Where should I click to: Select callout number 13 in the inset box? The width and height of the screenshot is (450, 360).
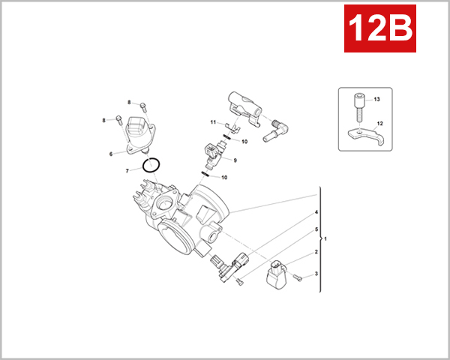tap(377, 100)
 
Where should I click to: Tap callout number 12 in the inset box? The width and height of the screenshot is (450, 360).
tap(380, 123)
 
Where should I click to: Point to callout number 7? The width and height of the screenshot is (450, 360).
tap(127, 171)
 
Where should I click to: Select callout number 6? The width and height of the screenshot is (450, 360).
tap(111, 154)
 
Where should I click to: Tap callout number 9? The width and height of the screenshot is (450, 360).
tap(235, 160)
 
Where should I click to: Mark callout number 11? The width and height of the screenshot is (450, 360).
tap(213, 122)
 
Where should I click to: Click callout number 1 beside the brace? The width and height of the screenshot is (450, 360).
tap(325, 238)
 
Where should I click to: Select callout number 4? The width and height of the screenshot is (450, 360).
tap(316, 213)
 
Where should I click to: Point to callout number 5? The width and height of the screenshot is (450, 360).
tap(316, 229)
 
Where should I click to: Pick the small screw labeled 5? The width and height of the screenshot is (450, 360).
tap(238, 281)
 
